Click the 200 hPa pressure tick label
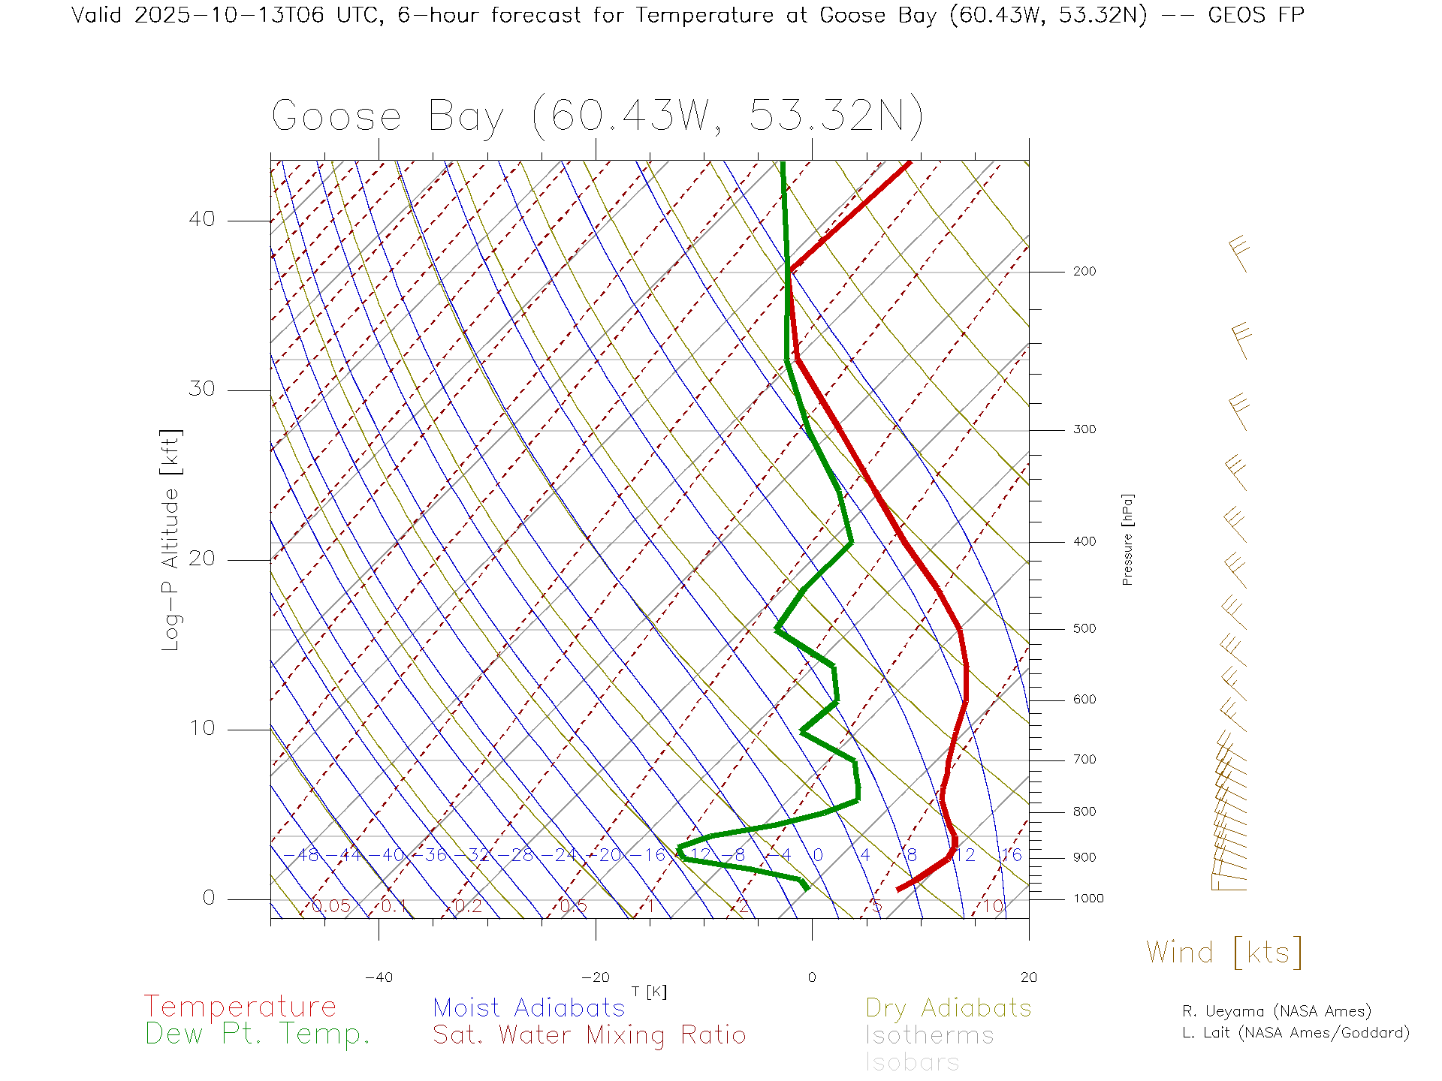click(x=1084, y=271)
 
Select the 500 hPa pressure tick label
click(x=1084, y=628)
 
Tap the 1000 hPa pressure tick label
click(x=1088, y=899)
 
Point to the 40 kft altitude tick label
click(x=202, y=219)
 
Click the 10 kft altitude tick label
click(x=202, y=728)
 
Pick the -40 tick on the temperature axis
click(x=379, y=977)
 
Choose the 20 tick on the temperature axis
click(x=1028, y=977)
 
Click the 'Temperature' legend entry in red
click(x=240, y=1007)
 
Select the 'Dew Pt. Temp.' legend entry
click(x=258, y=1034)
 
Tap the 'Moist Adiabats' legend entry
click(x=529, y=1007)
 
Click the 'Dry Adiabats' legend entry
click(x=948, y=1007)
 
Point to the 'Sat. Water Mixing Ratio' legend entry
click(x=589, y=1035)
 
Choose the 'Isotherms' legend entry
click(x=929, y=1035)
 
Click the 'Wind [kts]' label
click(x=1223, y=953)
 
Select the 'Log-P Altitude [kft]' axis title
click(x=170, y=540)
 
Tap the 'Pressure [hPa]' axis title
click(x=1127, y=539)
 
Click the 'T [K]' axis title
click(x=649, y=992)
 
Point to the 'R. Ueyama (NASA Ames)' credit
click(x=1276, y=1011)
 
